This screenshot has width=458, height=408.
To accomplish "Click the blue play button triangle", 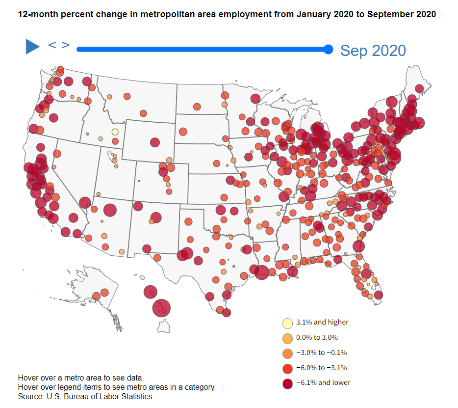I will click(x=32, y=47).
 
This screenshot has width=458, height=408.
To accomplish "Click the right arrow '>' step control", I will click(x=65, y=45).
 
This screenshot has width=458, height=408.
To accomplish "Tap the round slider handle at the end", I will click(x=329, y=49).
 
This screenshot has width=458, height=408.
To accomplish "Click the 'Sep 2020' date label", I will click(x=373, y=50).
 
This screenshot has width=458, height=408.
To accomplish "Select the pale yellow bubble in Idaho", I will click(x=115, y=132).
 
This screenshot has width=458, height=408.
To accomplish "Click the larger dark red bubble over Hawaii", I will click(x=161, y=308).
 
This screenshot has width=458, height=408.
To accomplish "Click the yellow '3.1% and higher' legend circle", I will click(x=287, y=323).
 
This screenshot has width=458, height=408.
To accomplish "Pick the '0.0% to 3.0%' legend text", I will click(x=317, y=338).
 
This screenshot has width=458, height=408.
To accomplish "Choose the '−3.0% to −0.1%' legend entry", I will click(x=321, y=353).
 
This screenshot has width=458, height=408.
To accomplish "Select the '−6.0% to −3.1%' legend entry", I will click(x=321, y=368).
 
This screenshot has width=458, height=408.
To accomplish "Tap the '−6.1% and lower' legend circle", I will click(x=287, y=382).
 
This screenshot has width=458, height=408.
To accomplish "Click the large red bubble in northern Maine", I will click(x=419, y=88).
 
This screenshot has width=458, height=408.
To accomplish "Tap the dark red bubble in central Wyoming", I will click(x=155, y=142).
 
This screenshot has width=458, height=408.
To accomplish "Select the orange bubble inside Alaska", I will click(x=104, y=293).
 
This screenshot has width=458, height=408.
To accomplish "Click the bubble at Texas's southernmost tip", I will click(x=226, y=312).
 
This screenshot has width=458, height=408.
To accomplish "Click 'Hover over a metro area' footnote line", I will click(x=80, y=378).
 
